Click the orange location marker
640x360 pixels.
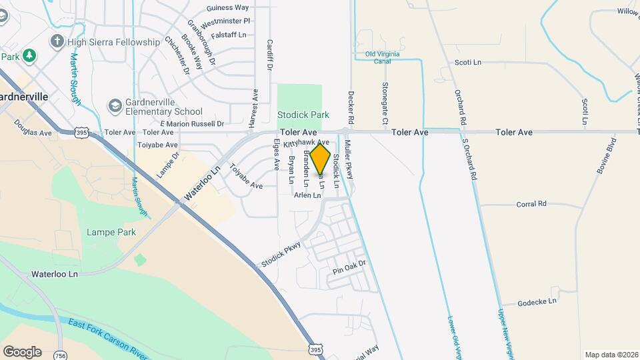[321, 160]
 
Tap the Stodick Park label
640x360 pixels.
[303, 115]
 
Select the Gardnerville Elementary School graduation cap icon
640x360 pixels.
[115, 106]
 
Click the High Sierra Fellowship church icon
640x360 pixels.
[57, 41]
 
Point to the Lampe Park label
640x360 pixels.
[111, 232]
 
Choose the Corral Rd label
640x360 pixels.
[531, 204]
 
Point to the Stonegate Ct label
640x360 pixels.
[385, 103]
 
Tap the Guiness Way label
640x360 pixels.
[227, 7]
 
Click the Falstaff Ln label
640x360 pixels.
[228, 35]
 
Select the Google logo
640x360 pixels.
[22, 352]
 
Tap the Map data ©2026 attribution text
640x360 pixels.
[611, 355]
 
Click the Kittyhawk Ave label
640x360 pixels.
[306, 143]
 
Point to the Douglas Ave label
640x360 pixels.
[32, 133]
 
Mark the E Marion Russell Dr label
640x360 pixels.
[192, 123]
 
